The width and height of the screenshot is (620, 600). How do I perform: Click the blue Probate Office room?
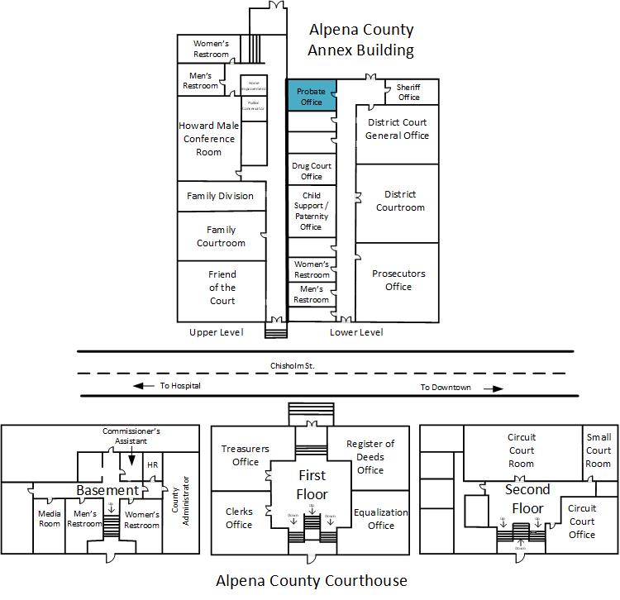311,96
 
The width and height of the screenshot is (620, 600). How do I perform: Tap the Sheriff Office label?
408,92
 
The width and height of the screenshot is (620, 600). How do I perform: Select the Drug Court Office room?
311,171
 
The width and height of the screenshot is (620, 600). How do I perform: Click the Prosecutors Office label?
398,280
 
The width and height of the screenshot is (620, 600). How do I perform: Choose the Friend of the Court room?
222,288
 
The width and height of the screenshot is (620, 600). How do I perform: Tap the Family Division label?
220,196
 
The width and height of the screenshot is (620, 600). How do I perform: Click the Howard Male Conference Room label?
208,138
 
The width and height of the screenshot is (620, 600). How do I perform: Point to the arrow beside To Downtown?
493,388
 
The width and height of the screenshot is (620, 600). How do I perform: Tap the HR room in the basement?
152,465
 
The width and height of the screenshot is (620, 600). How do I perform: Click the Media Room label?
50,519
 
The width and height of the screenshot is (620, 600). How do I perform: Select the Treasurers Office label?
246,455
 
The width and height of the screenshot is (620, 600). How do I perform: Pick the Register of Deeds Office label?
370,457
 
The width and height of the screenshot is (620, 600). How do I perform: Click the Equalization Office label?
380,518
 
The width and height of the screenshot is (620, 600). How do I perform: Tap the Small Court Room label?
599,450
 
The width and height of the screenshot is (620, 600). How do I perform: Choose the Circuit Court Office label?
582,521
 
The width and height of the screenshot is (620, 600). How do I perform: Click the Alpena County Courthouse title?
312,580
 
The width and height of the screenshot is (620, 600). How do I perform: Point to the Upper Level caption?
216,332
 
